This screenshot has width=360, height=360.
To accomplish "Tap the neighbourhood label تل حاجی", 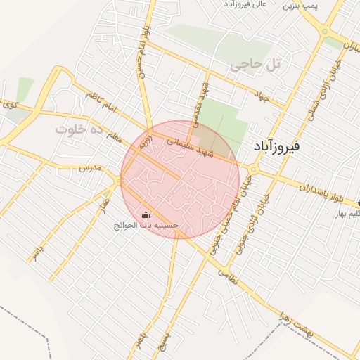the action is click(x=255, y=65).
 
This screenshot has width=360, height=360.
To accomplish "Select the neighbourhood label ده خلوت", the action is click(x=79, y=130).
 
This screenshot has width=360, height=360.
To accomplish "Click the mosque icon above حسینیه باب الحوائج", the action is click(x=146, y=215).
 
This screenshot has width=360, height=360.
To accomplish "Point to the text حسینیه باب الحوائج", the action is click(x=148, y=226).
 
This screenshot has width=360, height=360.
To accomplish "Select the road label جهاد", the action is click(x=262, y=99).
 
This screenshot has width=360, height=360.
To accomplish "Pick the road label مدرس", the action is click(x=91, y=168).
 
